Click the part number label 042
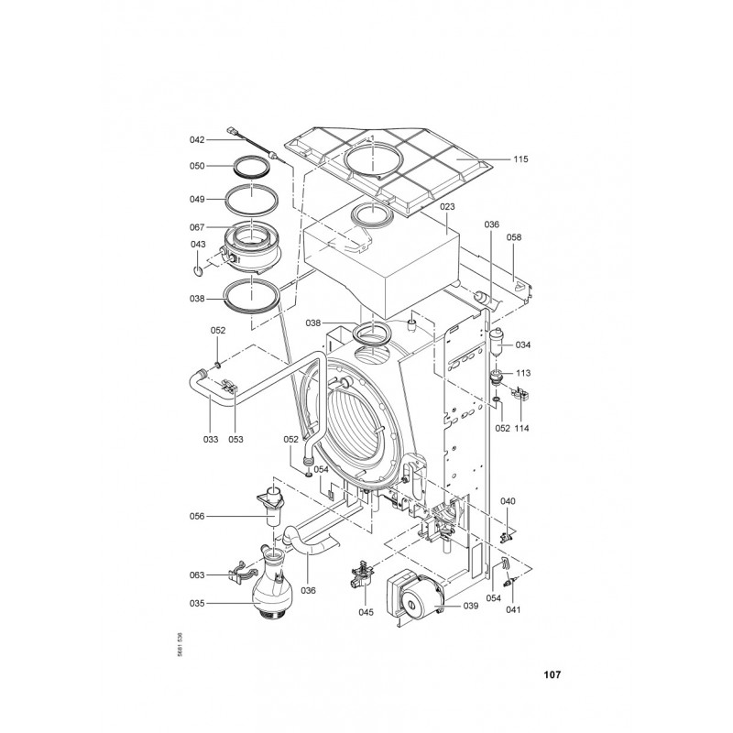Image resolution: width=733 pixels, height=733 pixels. (197, 140)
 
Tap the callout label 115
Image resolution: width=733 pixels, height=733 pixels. (520, 159)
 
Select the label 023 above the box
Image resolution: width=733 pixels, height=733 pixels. (447, 206)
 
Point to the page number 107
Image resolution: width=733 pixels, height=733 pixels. (552, 674)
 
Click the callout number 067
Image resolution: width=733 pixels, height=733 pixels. (197, 227)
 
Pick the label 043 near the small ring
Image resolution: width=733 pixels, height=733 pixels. (198, 244)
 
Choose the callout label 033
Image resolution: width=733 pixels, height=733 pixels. (211, 439)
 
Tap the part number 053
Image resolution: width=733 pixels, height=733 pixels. (235, 439)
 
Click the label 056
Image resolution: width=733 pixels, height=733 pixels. (197, 516)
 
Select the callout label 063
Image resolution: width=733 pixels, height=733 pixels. (197, 575)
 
